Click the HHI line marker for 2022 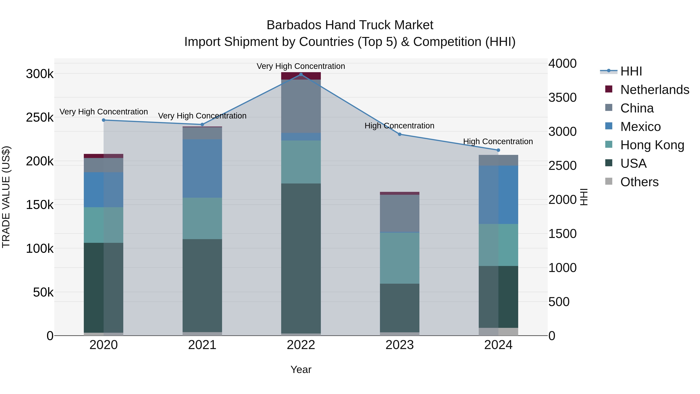301,75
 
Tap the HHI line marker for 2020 103,120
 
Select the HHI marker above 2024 498,150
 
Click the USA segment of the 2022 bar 301,258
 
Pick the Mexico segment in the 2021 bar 202,168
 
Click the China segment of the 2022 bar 301,106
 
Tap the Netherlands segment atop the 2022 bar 301,76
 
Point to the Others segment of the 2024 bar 498,332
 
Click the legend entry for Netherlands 655,90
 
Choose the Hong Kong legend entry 652,145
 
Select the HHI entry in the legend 631,71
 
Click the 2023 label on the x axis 399,345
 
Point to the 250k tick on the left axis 40,118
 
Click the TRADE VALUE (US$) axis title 6,197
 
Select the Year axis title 301,369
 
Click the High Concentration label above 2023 399,126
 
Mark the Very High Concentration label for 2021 202,116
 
